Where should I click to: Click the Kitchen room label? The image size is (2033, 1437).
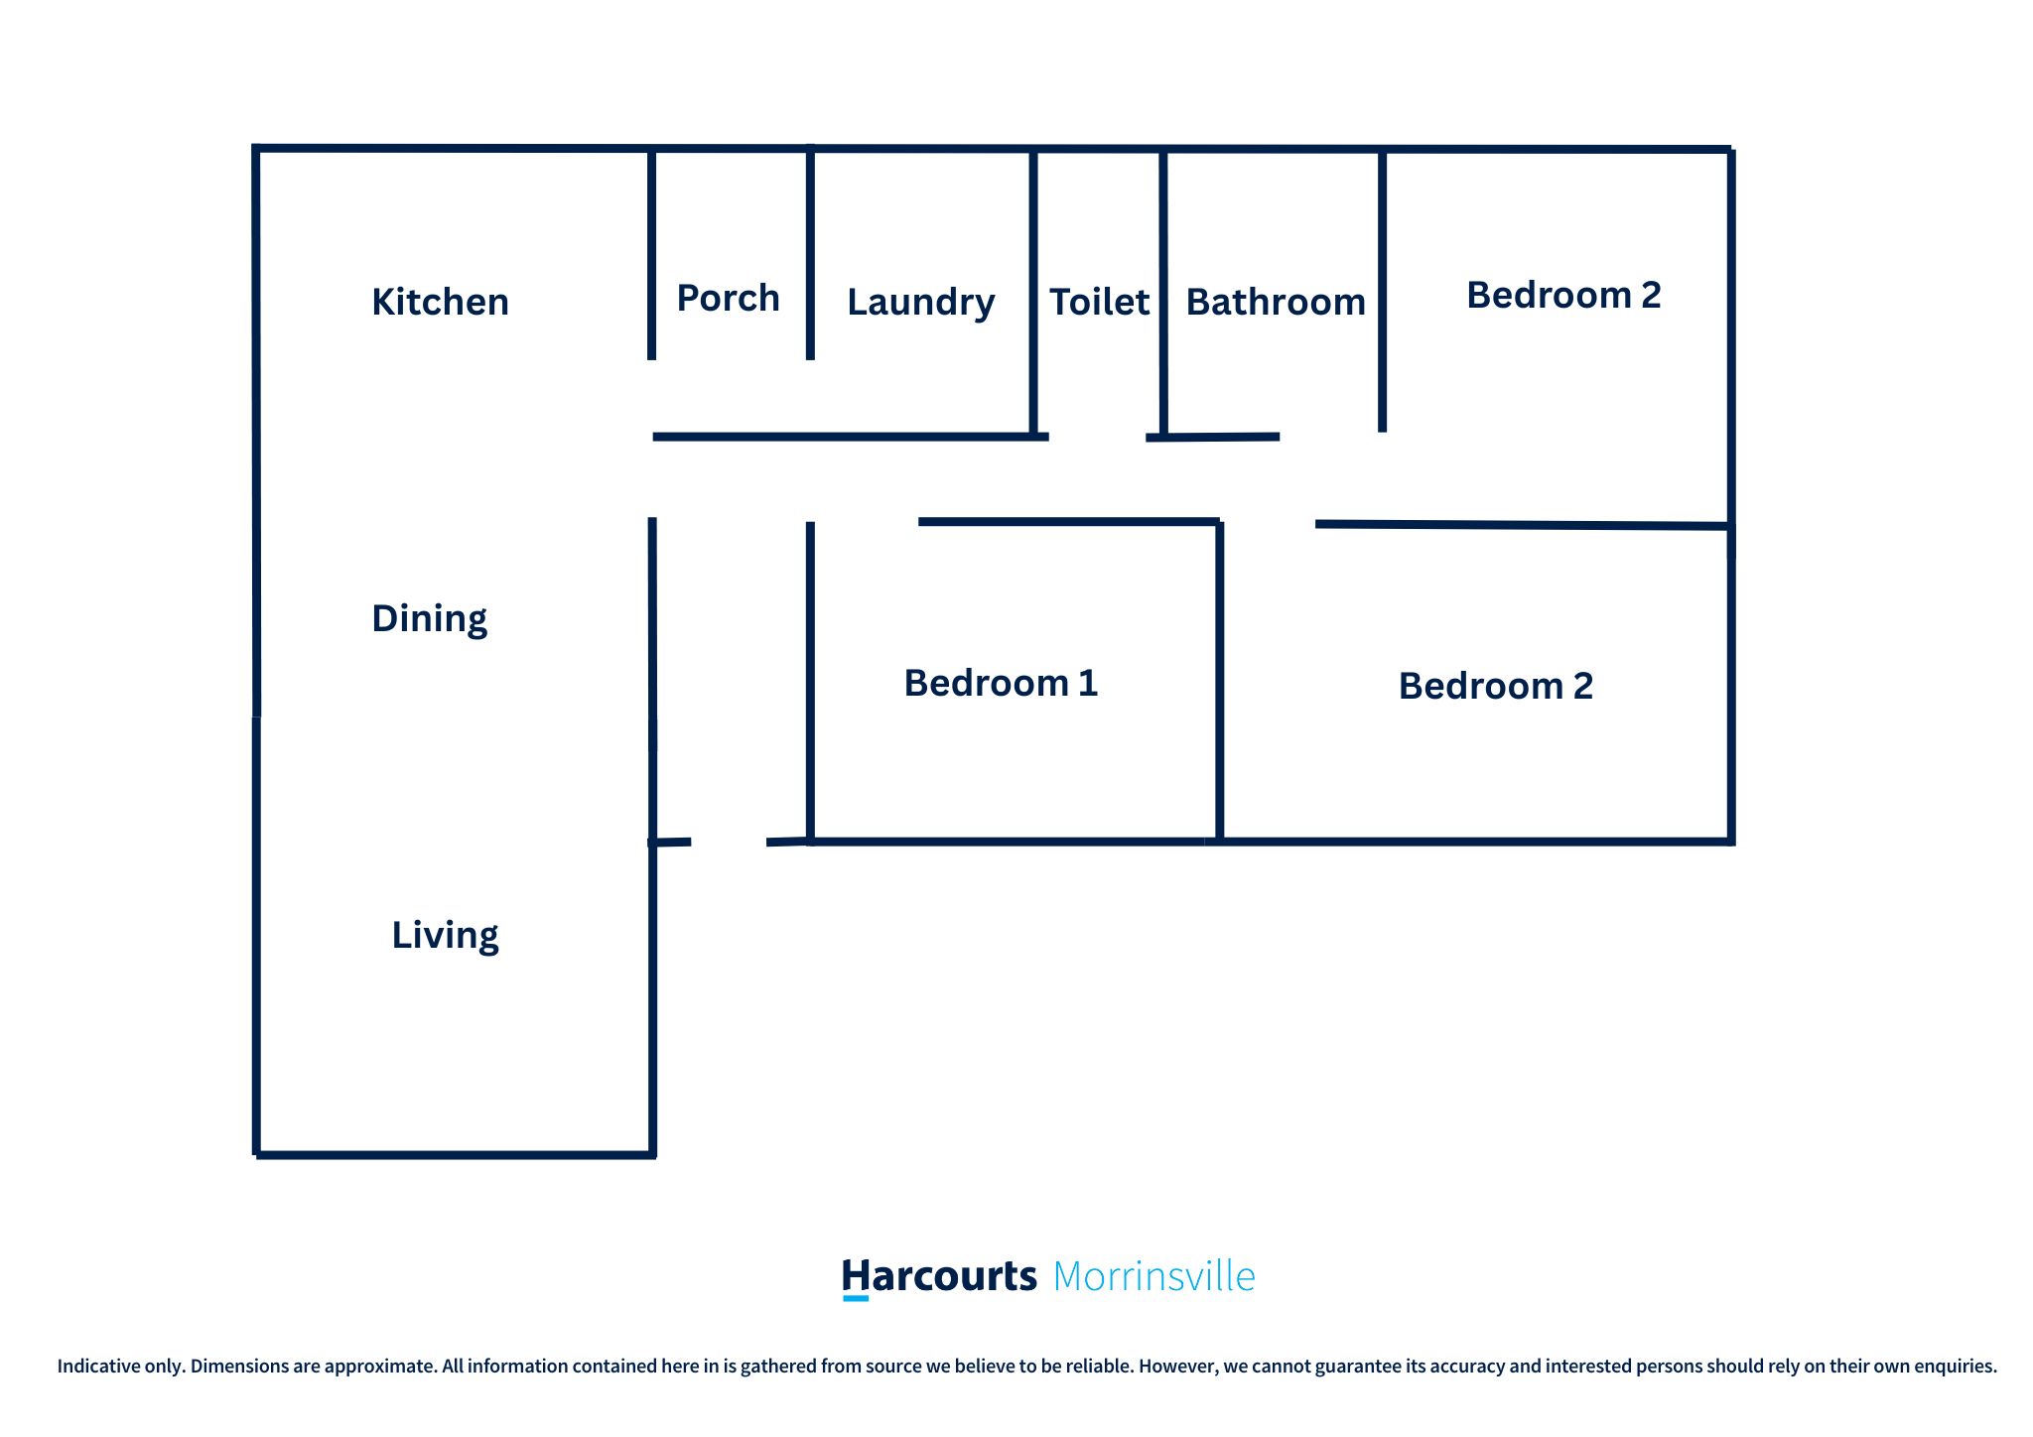(440, 302)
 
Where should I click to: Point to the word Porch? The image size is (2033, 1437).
(728, 298)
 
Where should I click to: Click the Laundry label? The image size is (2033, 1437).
(920, 303)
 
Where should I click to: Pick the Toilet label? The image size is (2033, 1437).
(1099, 302)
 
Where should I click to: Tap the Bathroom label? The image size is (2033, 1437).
(1276, 302)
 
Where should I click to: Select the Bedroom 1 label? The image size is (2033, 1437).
(1001, 683)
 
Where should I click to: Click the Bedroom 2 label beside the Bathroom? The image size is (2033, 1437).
(1563, 295)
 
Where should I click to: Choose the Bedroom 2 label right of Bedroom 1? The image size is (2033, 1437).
(1496, 686)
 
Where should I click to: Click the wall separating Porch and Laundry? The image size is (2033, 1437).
(810, 253)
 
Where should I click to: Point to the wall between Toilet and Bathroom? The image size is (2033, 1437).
(1163, 293)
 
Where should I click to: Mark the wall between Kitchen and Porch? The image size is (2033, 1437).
(651, 253)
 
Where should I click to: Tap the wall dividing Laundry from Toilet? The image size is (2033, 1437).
(1033, 293)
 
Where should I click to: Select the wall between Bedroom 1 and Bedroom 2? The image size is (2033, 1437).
(1219, 682)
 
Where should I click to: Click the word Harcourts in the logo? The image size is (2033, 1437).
(939, 1276)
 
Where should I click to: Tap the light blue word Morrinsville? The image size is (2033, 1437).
(1153, 1276)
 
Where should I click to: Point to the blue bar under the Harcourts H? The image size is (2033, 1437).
(856, 1298)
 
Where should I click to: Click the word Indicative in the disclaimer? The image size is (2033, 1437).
(98, 1366)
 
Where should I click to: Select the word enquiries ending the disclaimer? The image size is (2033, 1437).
(1956, 1367)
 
